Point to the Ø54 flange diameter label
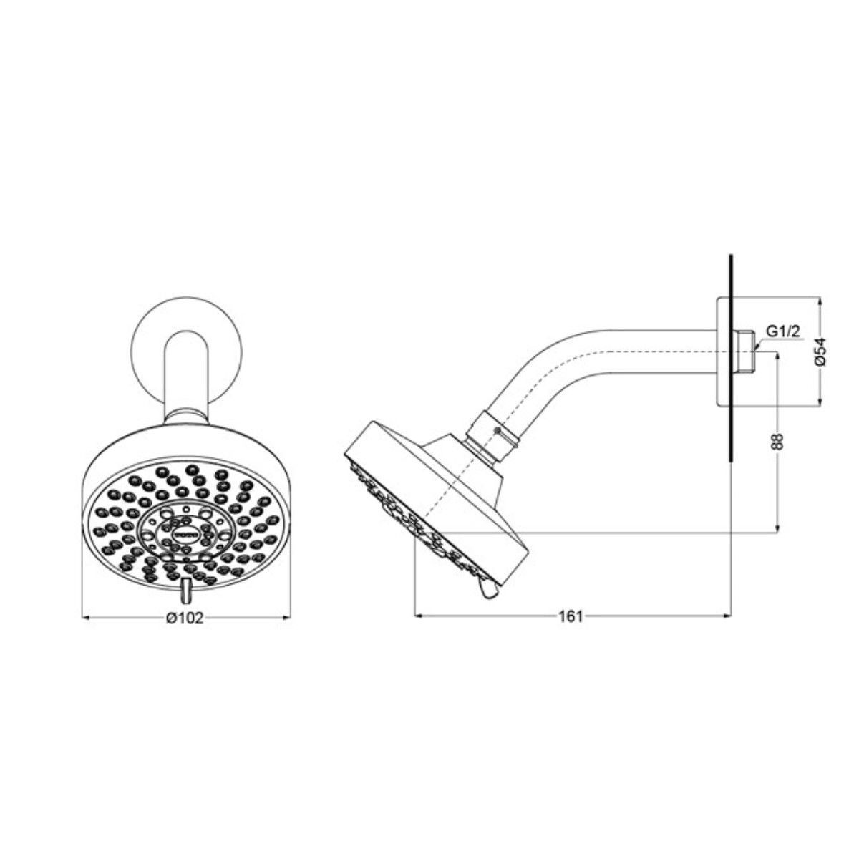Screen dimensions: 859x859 pyautogui.click(x=822, y=351)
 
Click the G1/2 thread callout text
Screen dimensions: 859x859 pyautogui.click(x=782, y=332)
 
